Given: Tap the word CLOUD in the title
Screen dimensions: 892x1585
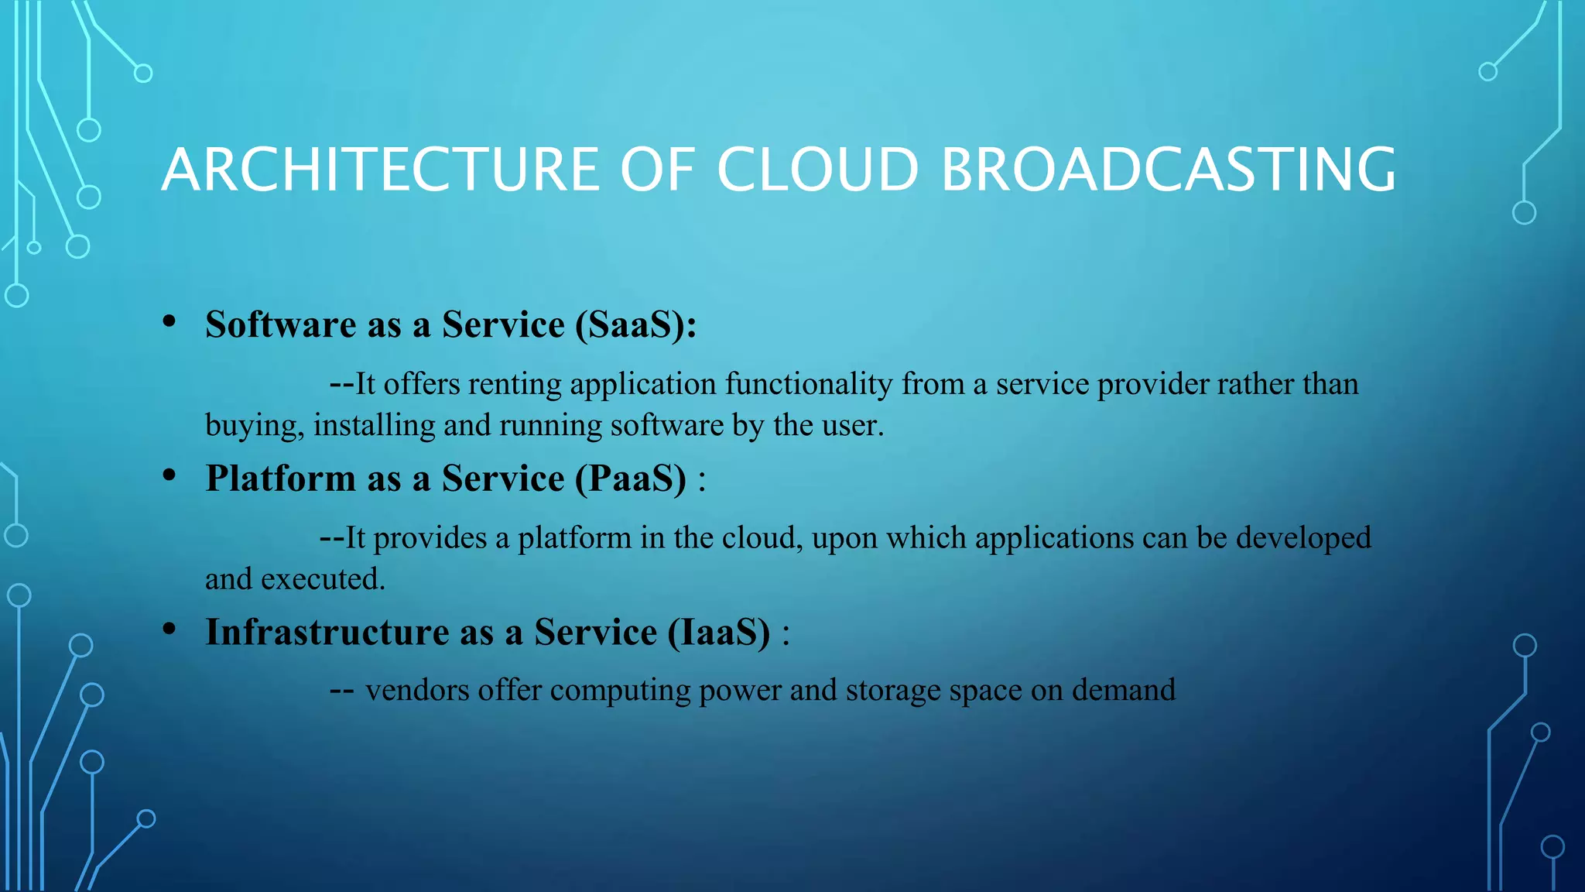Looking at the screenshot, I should click(817, 170).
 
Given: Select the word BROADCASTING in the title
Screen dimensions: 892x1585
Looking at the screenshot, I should click(1169, 170).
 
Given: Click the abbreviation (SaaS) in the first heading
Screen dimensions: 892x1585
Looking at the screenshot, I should click(635, 324).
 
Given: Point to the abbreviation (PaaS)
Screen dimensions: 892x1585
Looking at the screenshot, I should click(631, 479).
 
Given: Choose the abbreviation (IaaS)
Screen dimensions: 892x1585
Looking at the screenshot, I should click(720, 633).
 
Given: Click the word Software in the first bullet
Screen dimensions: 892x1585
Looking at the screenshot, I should click(281, 324).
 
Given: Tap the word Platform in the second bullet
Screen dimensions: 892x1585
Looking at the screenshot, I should click(281, 479).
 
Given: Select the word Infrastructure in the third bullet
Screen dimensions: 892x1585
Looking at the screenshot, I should click(327, 633).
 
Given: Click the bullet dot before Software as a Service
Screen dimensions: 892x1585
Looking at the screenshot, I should click(169, 322).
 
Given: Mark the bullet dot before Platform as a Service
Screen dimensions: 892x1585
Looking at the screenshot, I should click(169, 476).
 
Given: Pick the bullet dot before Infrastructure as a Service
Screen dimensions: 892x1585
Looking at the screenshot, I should click(169, 630).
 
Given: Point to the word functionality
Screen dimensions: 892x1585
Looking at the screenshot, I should click(809, 385).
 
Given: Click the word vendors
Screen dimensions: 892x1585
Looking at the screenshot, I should click(417, 690).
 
